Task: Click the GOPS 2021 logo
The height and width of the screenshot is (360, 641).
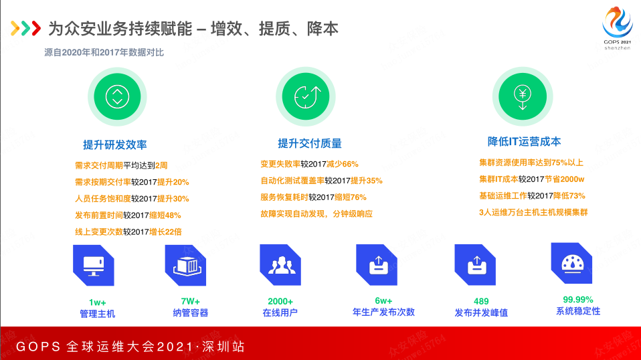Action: [x=618, y=28]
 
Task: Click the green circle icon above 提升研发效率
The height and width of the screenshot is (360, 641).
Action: [x=117, y=97]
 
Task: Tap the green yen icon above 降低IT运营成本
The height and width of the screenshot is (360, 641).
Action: [x=523, y=97]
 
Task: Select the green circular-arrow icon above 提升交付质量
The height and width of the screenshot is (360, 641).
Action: [x=305, y=97]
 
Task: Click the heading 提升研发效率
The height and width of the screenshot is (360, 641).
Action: [x=115, y=145]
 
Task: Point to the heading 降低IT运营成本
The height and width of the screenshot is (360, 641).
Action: [x=524, y=142]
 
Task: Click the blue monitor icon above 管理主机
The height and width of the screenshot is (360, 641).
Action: [x=94, y=265]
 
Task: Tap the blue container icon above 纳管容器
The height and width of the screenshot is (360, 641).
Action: [x=185, y=265]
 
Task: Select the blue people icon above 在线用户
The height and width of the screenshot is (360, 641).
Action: [x=280, y=265]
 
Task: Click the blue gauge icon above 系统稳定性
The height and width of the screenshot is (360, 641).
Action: [x=571, y=263]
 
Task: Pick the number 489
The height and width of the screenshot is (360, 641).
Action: [x=481, y=302]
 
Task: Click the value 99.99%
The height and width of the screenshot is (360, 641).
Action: [x=578, y=300]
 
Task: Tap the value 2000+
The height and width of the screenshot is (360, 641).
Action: [x=280, y=302]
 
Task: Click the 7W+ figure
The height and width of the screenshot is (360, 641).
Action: [x=191, y=302]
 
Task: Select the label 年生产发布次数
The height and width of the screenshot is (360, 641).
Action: [x=384, y=312]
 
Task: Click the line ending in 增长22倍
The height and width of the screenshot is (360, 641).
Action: [x=128, y=232]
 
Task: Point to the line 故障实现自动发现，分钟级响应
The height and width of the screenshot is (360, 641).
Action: [x=316, y=213]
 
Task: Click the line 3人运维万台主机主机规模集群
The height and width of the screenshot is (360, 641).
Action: [x=533, y=213]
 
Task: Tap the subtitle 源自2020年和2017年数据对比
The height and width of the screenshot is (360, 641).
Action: [x=104, y=52]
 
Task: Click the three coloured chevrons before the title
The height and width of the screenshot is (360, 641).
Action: [x=25, y=28]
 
